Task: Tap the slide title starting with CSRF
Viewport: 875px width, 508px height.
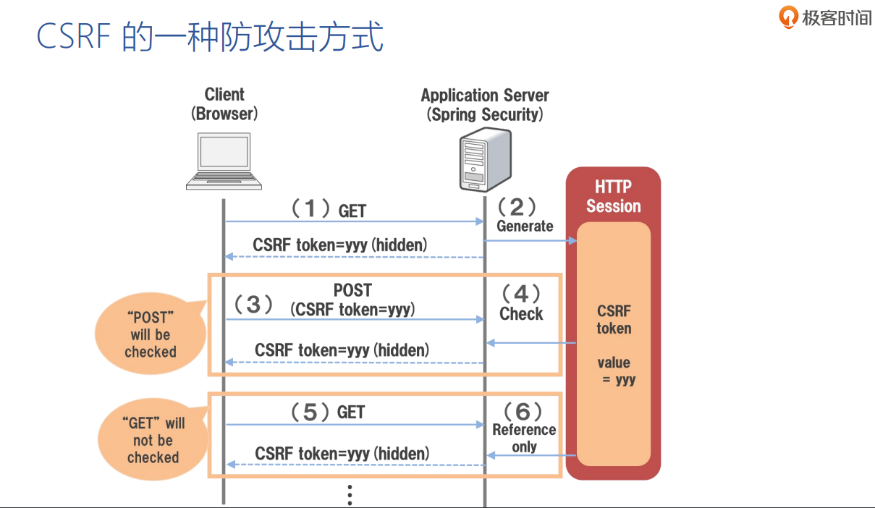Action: click(210, 38)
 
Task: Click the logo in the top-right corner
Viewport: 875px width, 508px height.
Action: click(826, 17)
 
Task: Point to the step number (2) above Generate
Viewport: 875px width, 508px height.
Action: click(517, 207)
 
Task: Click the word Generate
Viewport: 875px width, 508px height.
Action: click(525, 226)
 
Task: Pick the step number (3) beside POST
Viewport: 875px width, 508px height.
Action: click(253, 305)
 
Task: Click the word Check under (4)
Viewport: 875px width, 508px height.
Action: click(521, 314)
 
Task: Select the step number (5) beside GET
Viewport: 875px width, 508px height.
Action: click(310, 412)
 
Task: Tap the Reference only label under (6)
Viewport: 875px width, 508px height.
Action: click(524, 438)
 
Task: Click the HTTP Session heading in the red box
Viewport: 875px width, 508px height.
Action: click(613, 197)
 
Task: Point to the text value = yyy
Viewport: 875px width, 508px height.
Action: click(614, 371)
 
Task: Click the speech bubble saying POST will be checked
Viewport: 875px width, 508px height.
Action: click(150, 335)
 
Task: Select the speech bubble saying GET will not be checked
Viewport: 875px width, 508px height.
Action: click(153, 440)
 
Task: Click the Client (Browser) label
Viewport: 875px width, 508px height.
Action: click(224, 103)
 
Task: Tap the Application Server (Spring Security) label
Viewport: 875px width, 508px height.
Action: click(485, 105)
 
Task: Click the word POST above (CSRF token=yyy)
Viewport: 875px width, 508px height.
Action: click(352, 290)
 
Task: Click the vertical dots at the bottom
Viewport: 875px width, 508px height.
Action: click(350, 494)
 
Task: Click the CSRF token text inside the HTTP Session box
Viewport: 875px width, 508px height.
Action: click(614, 320)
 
